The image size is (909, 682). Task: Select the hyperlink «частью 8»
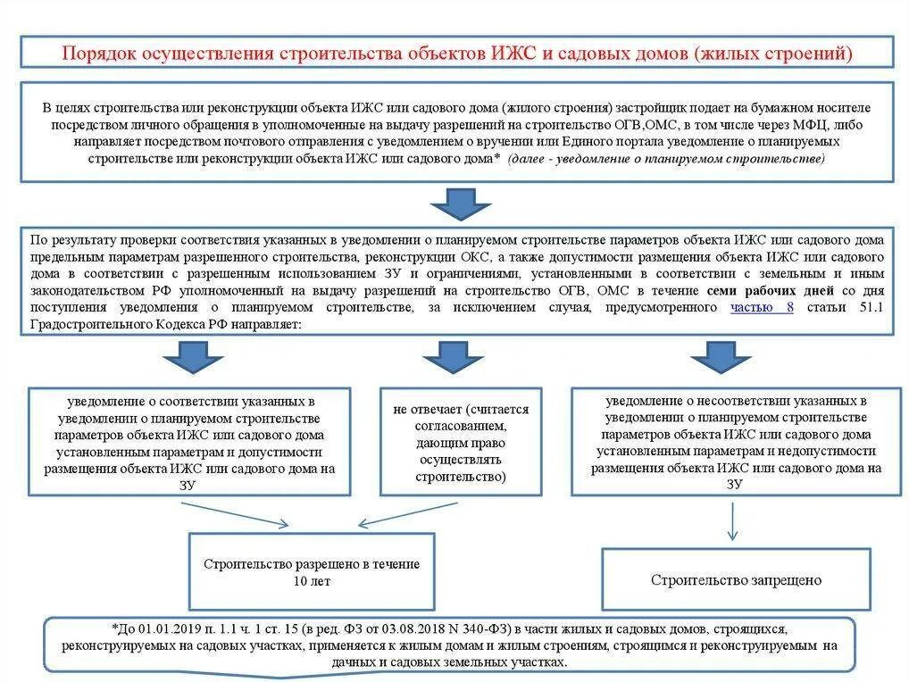point(762,307)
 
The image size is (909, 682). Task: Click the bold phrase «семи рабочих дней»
point(770,291)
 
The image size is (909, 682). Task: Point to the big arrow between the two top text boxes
point(461,204)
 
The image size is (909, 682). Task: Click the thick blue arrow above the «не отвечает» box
point(453,357)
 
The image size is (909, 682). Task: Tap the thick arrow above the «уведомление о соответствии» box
point(192,357)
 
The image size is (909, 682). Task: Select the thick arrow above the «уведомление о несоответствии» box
point(721,357)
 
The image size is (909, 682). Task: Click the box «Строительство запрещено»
point(736,580)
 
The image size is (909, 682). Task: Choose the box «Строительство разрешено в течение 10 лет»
point(311,572)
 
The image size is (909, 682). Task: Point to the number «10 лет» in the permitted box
point(311,581)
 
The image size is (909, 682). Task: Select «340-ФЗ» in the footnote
point(485,629)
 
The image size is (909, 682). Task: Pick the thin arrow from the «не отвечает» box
point(407,514)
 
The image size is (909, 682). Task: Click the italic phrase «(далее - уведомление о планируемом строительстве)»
point(666,158)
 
